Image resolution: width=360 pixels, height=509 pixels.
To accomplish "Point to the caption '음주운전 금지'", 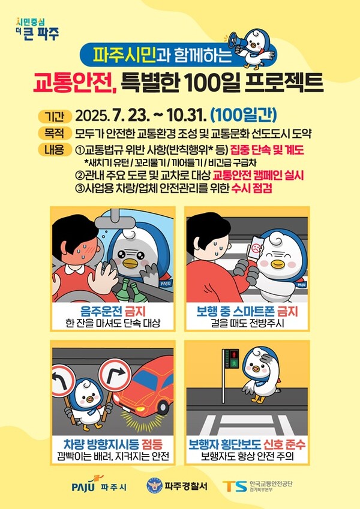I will pos(113,312).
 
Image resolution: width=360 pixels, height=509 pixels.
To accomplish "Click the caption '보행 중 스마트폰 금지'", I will pos(247,312).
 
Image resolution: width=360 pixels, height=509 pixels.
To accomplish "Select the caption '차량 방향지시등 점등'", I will pos(113,444).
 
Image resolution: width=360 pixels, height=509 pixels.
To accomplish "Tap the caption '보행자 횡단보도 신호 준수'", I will pos(247,444).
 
